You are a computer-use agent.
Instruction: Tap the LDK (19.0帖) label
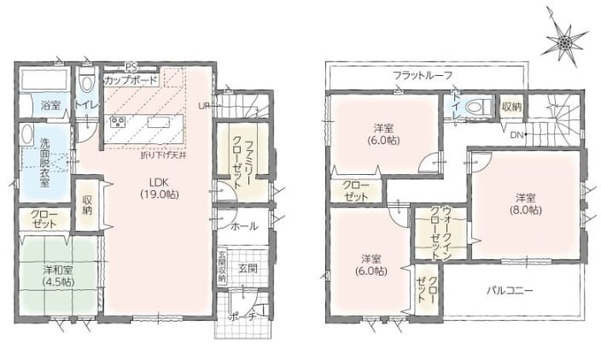pos(158,187)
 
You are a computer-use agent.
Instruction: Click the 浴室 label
pos(50,105)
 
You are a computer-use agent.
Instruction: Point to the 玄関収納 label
pos(221,265)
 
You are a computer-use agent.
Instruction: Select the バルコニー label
pos(510,291)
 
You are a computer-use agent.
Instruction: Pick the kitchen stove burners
pos(116,120)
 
